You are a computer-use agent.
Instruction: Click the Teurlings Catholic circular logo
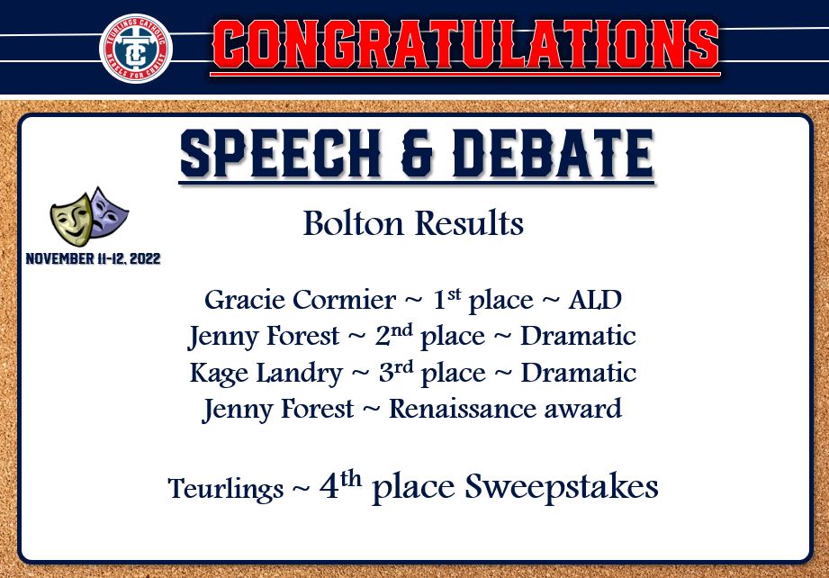pyautogui.click(x=136, y=48)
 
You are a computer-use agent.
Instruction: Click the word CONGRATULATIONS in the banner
pyautogui.click(x=465, y=45)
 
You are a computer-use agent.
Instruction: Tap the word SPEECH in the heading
pyautogui.click(x=280, y=153)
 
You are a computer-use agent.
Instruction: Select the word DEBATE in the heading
pyautogui.click(x=554, y=153)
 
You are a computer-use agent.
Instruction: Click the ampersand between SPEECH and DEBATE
pyautogui.click(x=417, y=154)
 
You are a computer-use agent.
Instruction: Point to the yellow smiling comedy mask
pyautogui.click(x=71, y=219)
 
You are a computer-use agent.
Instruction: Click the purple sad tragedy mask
pyautogui.click(x=108, y=212)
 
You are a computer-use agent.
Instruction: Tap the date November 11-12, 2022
pyautogui.click(x=93, y=258)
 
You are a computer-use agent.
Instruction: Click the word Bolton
pyautogui.click(x=353, y=223)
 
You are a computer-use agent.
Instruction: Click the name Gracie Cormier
pyautogui.click(x=301, y=300)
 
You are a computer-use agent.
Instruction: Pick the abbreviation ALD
pyautogui.click(x=595, y=300)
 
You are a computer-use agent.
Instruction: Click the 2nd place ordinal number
pyautogui.click(x=394, y=335)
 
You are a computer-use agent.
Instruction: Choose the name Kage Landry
pyautogui.click(x=266, y=374)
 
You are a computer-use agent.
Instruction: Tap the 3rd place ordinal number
pyautogui.click(x=396, y=372)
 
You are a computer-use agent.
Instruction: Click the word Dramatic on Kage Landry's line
pyautogui.click(x=579, y=373)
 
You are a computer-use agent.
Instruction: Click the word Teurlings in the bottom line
pyautogui.click(x=226, y=488)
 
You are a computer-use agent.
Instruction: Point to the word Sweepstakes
pyautogui.click(x=562, y=487)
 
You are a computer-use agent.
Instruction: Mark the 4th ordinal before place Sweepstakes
pyautogui.click(x=340, y=484)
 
